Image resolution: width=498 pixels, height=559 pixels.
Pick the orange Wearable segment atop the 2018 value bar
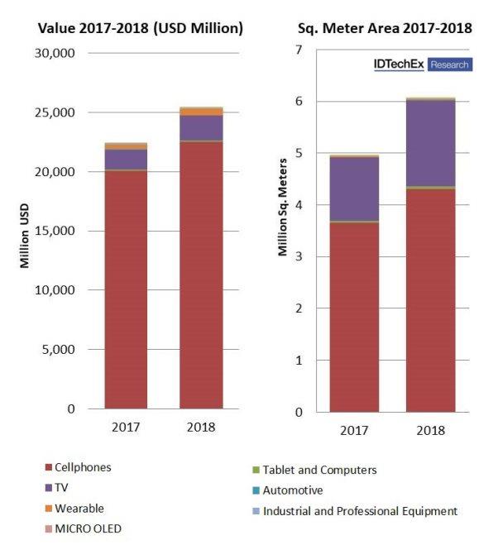click(x=201, y=111)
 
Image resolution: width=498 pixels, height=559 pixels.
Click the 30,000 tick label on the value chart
click(x=56, y=53)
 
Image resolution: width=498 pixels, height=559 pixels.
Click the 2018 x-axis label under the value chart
click(x=201, y=428)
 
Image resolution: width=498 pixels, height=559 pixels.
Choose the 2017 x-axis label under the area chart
click(x=353, y=430)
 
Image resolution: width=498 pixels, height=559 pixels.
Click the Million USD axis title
click(x=25, y=231)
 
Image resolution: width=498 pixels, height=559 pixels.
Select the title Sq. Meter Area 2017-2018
click(x=385, y=28)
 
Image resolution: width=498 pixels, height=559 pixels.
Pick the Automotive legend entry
click(x=292, y=490)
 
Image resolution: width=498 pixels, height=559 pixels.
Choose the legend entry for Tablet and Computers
click(x=319, y=470)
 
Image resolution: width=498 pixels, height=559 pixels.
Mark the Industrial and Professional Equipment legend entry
click(x=359, y=511)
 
